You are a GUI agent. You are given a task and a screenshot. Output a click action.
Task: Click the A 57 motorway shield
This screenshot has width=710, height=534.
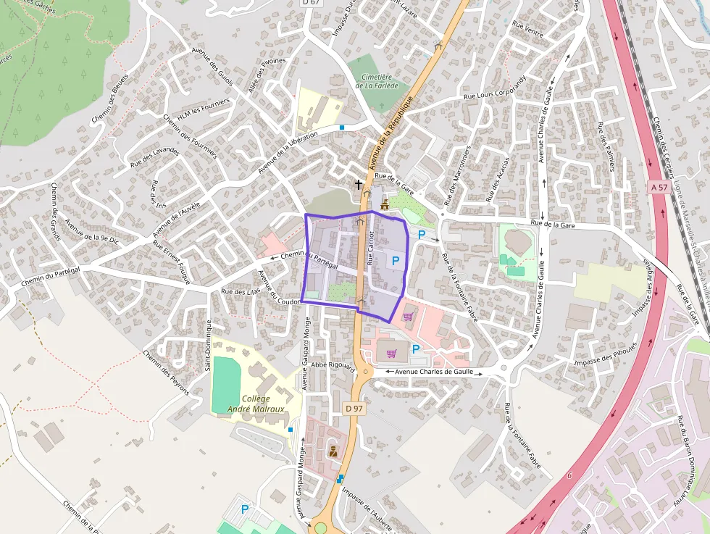[x=658, y=187]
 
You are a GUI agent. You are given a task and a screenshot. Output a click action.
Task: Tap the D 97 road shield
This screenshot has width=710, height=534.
[x=354, y=409]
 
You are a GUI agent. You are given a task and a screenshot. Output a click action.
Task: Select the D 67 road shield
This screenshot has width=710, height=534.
[x=311, y=2]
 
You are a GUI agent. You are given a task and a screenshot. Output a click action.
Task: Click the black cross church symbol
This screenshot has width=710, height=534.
[x=358, y=185]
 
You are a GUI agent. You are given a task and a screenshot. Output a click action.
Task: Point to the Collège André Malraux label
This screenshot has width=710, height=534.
[x=256, y=404]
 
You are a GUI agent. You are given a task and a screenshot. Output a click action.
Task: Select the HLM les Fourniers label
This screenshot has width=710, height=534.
[x=204, y=107]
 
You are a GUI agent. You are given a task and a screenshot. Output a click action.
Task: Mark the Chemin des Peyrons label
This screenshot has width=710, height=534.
[x=166, y=372]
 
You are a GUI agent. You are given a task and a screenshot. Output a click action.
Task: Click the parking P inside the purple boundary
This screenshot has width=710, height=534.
[x=396, y=260]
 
